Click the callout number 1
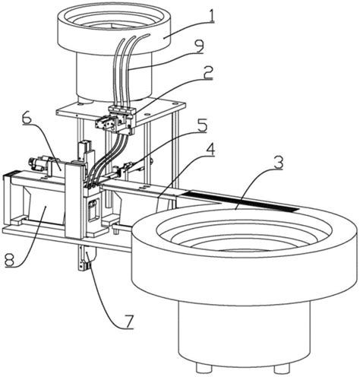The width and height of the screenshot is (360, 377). pos(212,15)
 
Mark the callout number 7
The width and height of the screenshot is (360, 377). pos(128,322)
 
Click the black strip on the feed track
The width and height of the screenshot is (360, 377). pos(241,201)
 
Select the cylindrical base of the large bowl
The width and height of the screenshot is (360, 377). pos(244,334)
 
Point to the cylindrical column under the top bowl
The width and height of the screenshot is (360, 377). pos(115,76)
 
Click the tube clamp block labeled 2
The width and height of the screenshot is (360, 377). pos(122,111)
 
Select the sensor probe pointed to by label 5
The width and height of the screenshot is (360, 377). pos(126,167)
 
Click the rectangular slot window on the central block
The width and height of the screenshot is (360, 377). pos(93,208)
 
